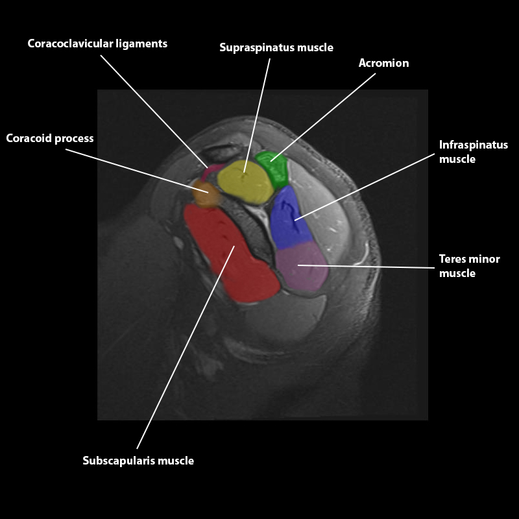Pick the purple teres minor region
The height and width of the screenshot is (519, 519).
click(302, 266)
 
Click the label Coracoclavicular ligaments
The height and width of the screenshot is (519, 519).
click(97, 43)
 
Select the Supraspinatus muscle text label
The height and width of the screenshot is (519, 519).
click(276, 47)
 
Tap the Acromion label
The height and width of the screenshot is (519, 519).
click(383, 63)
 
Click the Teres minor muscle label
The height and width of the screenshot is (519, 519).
click(469, 266)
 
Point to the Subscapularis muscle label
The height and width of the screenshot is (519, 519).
click(138, 461)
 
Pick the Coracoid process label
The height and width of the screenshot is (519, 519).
click(50, 138)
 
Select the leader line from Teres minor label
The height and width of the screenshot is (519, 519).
click(367, 266)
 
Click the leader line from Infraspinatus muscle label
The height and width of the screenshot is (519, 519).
click(363, 187)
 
